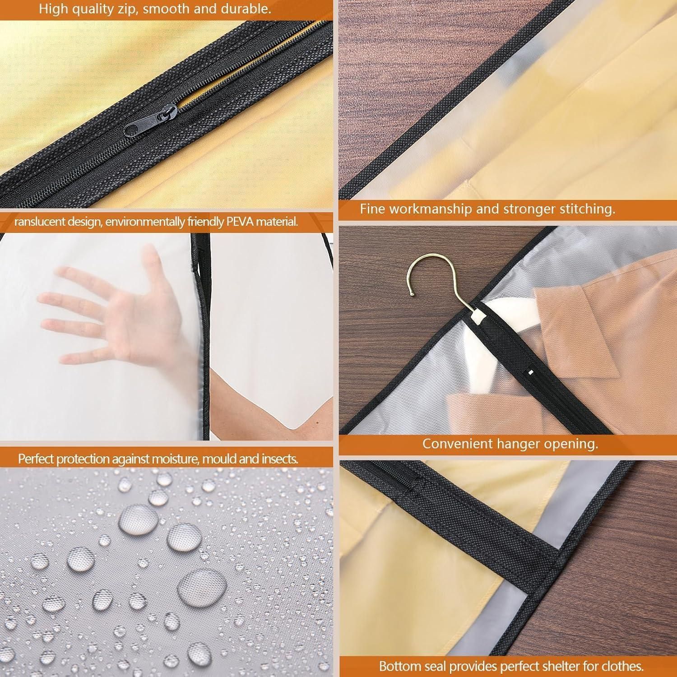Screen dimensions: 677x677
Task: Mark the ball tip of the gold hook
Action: click(x=412, y=293)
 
